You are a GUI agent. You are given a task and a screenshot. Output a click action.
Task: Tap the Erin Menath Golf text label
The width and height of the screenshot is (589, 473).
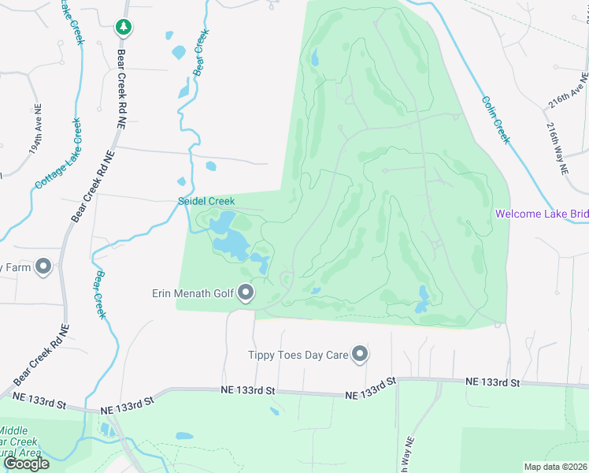point(193,294)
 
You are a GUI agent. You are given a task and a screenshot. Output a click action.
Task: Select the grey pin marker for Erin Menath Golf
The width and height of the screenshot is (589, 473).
point(246,294)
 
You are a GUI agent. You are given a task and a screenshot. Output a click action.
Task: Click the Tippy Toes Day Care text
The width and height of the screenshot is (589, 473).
point(298,356)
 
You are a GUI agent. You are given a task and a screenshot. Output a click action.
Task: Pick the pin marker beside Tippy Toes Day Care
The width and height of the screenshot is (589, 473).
point(360,354)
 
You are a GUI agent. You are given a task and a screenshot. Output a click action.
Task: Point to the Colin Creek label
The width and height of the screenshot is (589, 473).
point(496,119)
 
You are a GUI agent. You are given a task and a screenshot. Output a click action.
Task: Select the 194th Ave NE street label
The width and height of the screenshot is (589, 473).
point(35,138)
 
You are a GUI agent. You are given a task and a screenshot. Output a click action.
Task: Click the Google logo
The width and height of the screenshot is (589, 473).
point(26,464)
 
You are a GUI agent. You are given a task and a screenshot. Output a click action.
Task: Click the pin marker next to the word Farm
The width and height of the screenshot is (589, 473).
point(43,267)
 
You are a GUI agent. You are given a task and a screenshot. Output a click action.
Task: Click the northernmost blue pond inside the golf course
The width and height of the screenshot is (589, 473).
point(314,58)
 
